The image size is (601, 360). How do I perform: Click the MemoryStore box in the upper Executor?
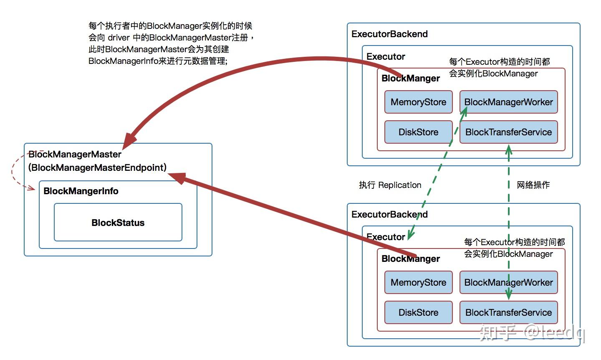418,102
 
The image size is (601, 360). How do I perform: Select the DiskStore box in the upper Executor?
418,132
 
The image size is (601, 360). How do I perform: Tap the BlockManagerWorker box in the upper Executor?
508,102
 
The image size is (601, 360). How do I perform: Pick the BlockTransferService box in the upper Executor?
508,132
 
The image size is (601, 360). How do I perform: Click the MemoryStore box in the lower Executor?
418,282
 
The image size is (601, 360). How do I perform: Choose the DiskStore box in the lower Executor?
418,312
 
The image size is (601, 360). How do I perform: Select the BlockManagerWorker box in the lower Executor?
508,282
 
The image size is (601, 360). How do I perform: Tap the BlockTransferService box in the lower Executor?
508,312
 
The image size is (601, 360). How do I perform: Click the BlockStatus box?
118,223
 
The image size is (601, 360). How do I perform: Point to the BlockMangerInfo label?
81,191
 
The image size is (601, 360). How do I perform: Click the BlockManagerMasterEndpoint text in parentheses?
98,167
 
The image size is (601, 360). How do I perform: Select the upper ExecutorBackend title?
389,34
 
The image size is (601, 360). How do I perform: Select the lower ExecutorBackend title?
389,214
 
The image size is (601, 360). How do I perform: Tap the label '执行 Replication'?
390,185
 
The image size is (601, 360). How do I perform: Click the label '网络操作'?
533,185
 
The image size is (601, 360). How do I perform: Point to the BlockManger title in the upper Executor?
411,78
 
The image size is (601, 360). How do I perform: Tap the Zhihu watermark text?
532,333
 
